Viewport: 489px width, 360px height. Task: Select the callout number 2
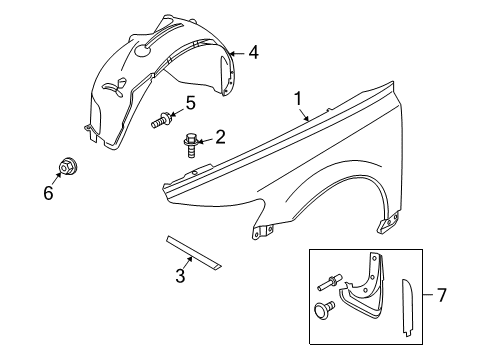[220, 137]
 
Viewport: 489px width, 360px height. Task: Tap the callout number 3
[181, 276]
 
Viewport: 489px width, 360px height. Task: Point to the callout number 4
[253, 52]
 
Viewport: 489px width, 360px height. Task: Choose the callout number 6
[47, 193]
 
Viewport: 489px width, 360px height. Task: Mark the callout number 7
[469, 295]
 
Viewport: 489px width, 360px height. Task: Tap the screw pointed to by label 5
[161, 121]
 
